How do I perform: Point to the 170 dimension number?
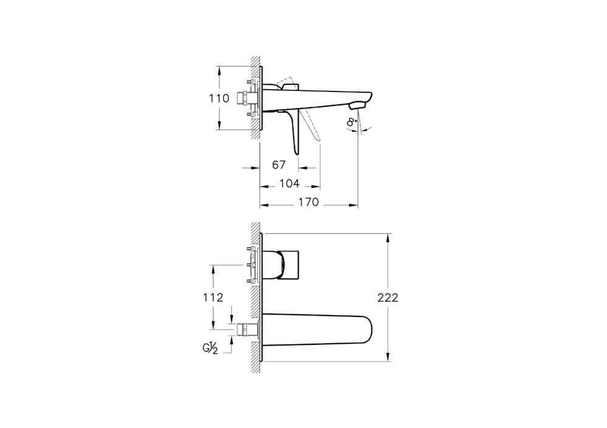[x=308, y=202]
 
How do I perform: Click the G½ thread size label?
[x=211, y=348]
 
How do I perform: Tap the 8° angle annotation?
[x=351, y=123]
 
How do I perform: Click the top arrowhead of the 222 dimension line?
[x=387, y=237]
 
